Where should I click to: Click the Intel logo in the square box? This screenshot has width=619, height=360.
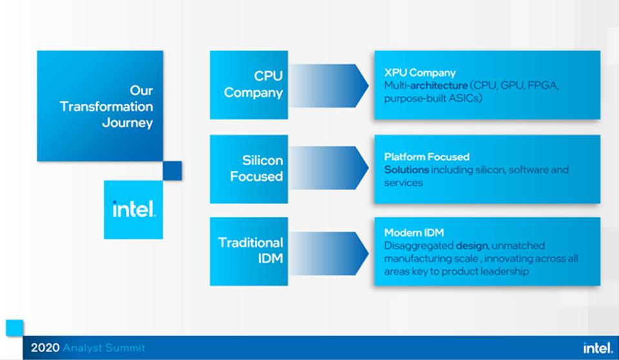coord(134,210)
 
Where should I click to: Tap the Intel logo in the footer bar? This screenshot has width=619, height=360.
coord(598,348)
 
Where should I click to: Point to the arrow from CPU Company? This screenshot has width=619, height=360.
coord(328,85)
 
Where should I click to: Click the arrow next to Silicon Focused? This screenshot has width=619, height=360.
coord(328,168)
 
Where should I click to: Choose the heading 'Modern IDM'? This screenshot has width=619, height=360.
coord(414,233)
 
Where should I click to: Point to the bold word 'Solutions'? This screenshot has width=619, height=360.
coord(406,170)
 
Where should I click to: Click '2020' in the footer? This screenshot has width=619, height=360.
coord(45,348)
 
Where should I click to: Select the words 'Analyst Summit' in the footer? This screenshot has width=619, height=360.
coord(104,348)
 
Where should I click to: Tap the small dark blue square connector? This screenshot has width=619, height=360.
coord(172,170)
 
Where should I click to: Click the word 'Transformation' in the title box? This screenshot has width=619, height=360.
coord(107,106)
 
